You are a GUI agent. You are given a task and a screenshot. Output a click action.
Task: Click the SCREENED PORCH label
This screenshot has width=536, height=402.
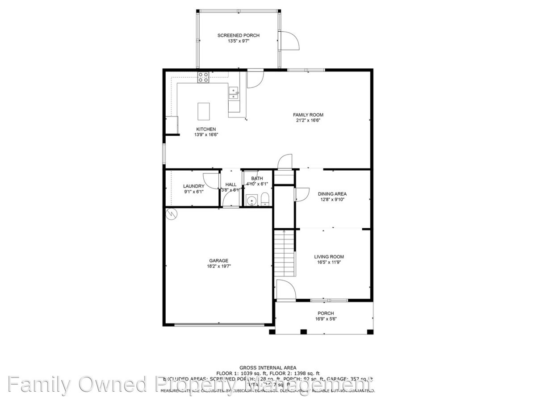238,35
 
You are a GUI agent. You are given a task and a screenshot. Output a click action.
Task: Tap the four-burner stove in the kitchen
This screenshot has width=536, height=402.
204,77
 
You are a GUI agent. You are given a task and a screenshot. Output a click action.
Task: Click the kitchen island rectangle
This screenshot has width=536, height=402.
204,111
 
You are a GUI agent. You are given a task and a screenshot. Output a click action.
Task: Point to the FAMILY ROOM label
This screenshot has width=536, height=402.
308,115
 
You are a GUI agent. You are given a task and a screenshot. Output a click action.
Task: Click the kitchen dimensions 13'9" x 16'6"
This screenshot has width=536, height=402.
206,134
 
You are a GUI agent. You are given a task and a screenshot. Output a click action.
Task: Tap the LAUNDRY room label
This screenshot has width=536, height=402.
194,186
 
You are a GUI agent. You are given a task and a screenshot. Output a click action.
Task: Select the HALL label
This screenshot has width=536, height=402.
231,184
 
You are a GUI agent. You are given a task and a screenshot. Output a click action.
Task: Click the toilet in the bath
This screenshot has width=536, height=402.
264,199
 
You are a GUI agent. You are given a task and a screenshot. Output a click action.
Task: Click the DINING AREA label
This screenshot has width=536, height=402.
332,194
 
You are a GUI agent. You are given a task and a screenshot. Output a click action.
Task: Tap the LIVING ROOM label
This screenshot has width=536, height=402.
329,257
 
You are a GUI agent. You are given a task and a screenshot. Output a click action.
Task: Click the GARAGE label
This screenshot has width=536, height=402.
219,261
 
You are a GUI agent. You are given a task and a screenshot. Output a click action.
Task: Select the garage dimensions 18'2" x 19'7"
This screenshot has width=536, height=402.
219,266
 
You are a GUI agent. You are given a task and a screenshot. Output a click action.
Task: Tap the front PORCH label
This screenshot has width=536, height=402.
326,314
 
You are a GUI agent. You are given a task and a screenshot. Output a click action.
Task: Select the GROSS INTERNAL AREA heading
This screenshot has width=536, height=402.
268,368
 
